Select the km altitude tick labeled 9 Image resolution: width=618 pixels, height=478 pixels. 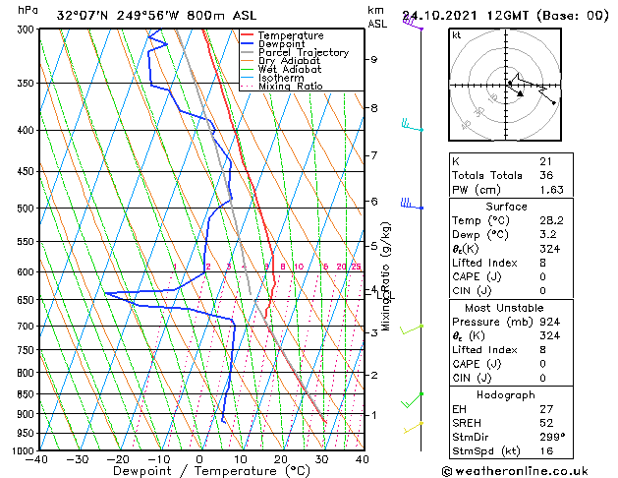pos(373,59)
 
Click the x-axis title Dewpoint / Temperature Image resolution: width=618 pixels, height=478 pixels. pos(200,471)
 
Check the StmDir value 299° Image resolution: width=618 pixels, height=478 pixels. pos(551,437)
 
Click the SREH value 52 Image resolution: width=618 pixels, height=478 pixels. pos(544,422)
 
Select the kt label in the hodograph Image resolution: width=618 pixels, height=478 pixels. pos(457,34)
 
